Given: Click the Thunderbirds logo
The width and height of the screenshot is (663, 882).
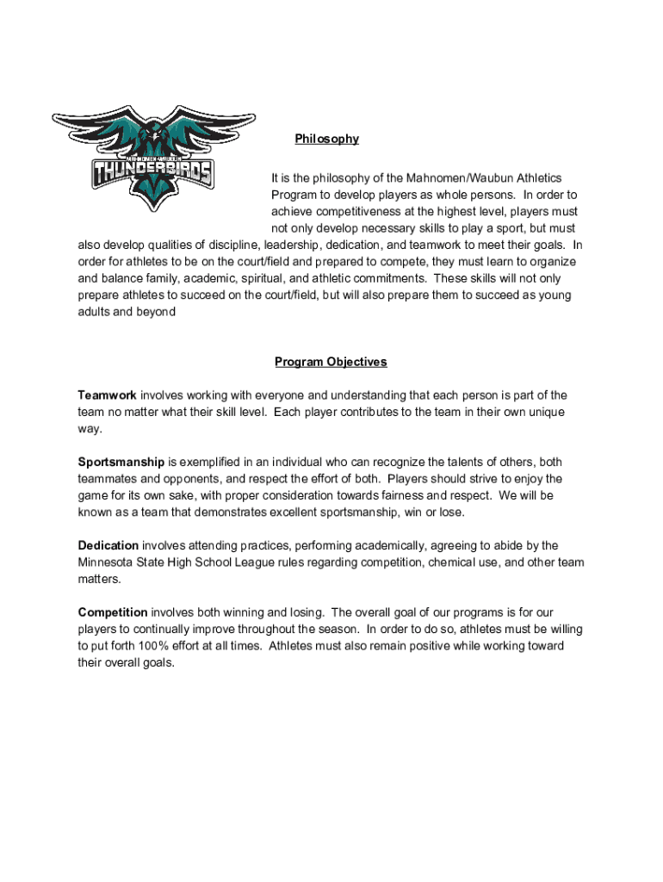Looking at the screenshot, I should [153, 160].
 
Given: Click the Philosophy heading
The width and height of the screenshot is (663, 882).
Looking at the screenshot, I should [326, 139].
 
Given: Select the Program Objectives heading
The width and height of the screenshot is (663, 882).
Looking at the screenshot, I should [331, 362].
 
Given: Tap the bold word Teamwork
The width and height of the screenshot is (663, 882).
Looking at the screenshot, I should [107, 395].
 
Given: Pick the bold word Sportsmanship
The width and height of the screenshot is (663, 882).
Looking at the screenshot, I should [121, 463].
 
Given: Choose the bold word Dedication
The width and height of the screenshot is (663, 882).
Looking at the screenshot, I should [108, 546].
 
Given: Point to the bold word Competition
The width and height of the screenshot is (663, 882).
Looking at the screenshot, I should [113, 613].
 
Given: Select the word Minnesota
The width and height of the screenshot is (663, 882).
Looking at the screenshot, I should [106, 562].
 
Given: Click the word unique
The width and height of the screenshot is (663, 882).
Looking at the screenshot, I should [544, 413].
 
